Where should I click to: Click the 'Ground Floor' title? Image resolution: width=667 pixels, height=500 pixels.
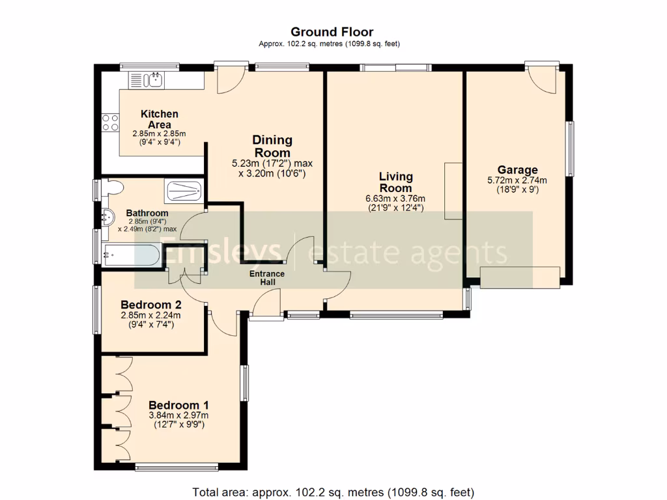(332, 32)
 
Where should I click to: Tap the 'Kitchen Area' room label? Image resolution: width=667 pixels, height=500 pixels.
(160, 119)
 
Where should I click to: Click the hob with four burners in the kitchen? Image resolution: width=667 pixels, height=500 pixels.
(110, 122)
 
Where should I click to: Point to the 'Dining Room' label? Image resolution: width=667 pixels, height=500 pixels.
(272, 146)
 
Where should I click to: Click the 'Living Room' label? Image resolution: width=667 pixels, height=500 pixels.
(396, 182)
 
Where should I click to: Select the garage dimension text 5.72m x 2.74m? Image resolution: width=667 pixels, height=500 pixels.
(517, 181)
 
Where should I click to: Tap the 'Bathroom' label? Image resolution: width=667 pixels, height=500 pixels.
(147, 213)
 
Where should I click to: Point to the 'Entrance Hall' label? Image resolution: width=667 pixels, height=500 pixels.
(267, 278)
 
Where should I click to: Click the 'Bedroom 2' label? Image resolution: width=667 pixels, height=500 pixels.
(151, 305)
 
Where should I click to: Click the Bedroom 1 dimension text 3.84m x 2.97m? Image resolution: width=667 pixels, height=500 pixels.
(178, 415)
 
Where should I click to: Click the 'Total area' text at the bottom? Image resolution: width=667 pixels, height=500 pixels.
(333, 492)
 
